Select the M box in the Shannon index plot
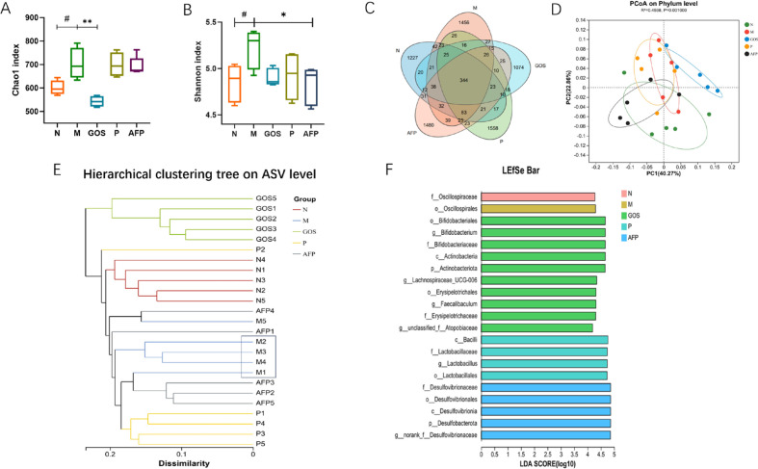(254, 50)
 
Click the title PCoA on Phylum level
(663, 6)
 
